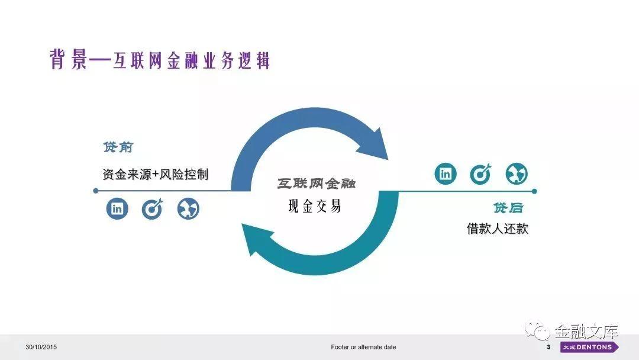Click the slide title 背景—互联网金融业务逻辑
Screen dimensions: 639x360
(x=160, y=60)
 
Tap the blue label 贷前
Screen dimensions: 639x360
(x=118, y=147)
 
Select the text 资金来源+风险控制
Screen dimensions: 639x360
(x=156, y=174)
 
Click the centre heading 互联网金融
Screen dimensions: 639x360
(x=317, y=184)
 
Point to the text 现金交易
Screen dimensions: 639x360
(x=314, y=206)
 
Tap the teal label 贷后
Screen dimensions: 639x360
(x=508, y=208)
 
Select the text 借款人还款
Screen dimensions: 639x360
(x=497, y=229)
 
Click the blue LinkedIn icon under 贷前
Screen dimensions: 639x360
(x=117, y=208)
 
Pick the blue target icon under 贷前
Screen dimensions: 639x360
(x=153, y=209)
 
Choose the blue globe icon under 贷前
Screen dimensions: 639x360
(x=188, y=209)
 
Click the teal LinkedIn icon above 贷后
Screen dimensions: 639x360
(x=446, y=173)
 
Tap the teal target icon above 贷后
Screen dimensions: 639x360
(x=481, y=174)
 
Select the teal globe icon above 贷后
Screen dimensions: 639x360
(x=517, y=174)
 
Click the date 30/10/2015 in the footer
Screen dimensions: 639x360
(x=41, y=347)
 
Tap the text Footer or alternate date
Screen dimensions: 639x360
(x=363, y=347)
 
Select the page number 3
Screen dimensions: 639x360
(x=548, y=347)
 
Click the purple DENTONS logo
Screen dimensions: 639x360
(x=589, y=347)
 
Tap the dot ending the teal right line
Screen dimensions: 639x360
(x=534, y=191)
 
